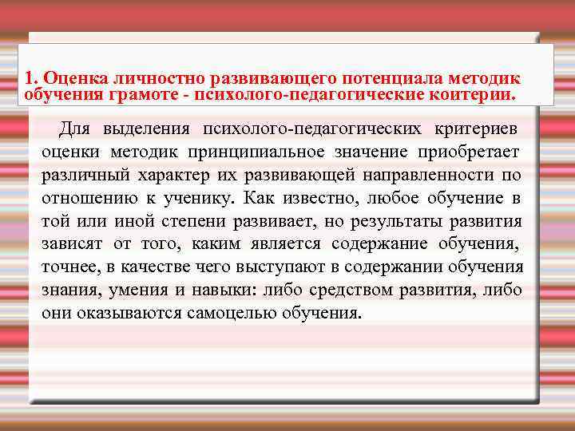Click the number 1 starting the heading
pyautogui.click(x=29, y=78)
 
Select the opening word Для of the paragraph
pyautogui.click(x=77, y=129)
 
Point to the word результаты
pyautogui.click(x=405, y=220)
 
